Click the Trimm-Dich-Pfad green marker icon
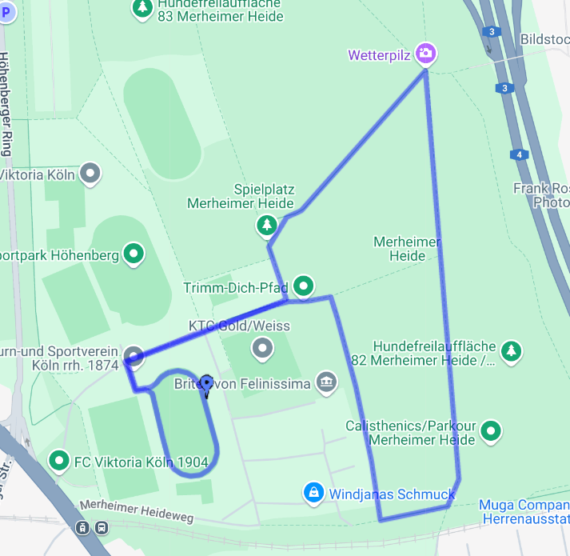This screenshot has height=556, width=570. tap(303, 285)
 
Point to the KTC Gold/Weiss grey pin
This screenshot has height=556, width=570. tap(262, 349)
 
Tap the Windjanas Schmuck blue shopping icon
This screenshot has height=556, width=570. tap(313, 492)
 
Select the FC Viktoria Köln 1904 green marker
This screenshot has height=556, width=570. tap(58, 461)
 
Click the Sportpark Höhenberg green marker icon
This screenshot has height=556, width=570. tap(134, 254)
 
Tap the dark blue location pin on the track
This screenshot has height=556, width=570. tap(206, 386)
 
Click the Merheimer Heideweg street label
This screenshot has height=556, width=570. tap(137, 512)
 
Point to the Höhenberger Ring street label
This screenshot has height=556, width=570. tap(7, 104)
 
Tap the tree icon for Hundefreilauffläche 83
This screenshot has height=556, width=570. tap(142, 7)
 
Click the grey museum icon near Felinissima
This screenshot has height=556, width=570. tap(325, 382)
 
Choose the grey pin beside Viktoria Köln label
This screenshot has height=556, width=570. tap(91, 173)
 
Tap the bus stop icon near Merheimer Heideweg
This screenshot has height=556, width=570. tap(102, 528)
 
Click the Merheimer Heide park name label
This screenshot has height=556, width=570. tap(407, 249)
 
